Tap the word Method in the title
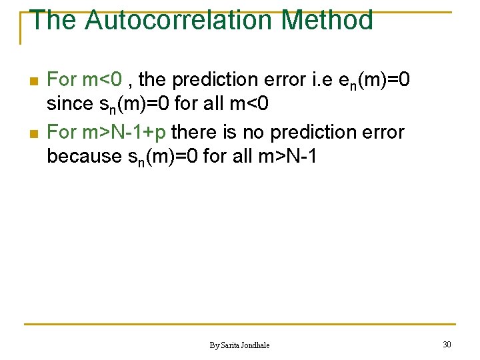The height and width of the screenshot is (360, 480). click(x=327, y=20)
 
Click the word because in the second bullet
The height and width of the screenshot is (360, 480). click(x=81, y=157)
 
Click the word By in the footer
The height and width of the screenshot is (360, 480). click(x=214, y=345)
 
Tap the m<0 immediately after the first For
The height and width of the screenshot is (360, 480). click(x=102, y=80)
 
